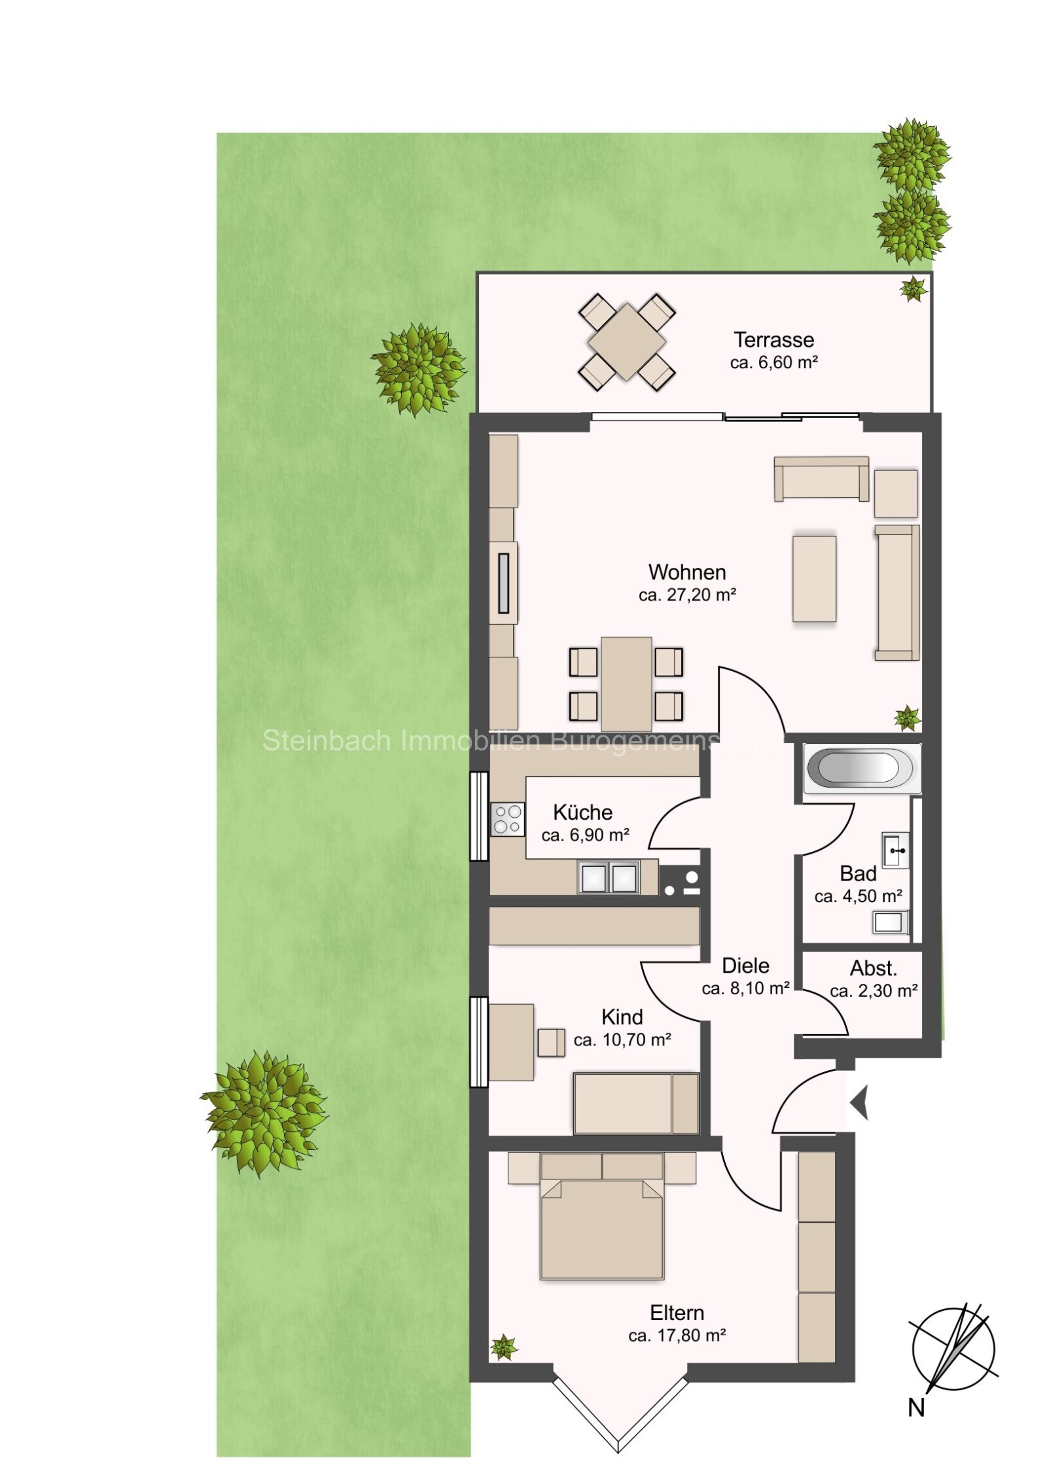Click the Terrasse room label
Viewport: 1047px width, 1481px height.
(x=773, y=340)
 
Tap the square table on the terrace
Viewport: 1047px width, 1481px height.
(x=626, y=342)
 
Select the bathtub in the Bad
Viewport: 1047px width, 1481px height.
(x=860, y=768)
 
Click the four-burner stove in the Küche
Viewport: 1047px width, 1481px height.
(x=508, y=820)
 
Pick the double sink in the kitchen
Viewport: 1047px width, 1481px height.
(x=609, y=877)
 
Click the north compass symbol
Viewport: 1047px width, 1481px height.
(x=953, y=1349)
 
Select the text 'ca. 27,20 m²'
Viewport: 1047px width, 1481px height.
(x=687, y=595)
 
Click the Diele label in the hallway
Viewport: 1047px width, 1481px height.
(x=745, y=966)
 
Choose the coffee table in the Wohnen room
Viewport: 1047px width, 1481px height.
(x=814, y=579)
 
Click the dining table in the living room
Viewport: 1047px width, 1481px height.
(x=626, y=684)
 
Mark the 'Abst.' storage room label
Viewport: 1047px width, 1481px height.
(x=873, y=968)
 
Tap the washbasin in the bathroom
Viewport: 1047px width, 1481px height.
(x=895, y=850)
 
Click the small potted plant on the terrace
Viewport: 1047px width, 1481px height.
(x=913, y=288)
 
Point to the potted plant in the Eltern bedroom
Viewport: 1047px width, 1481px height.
(x=503, y=1348)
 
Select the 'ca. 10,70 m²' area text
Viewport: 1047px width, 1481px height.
(x=622, y=1039)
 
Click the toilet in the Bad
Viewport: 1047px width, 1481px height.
(x=890, y=922)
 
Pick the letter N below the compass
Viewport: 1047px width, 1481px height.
(x=916, y=1407)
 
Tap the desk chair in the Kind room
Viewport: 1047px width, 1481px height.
(x=551, y=1043)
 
